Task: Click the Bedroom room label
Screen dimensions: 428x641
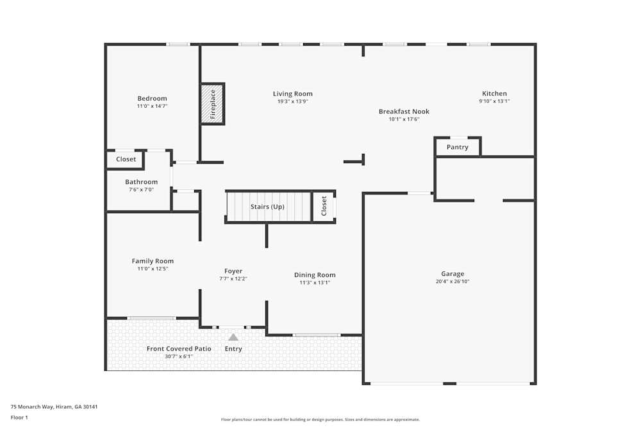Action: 152,98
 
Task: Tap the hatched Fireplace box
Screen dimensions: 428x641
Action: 213,103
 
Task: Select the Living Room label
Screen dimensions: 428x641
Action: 293,94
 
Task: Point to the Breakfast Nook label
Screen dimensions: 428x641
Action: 404,111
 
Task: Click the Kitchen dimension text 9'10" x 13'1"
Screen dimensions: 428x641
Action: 494,101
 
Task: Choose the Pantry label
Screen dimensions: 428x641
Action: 458,147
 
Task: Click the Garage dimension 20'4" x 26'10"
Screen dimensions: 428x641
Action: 453,281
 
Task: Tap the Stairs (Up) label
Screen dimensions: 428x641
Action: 267,207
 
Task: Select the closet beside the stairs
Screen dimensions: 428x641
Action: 324,206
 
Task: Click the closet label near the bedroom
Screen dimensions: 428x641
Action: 126,159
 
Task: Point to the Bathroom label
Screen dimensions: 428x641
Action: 141,182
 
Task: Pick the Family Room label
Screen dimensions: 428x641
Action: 153,261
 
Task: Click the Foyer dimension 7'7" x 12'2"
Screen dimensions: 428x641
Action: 233,278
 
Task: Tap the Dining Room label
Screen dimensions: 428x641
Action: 315,275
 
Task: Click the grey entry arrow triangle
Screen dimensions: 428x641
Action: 233,337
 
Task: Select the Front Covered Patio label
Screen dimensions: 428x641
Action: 170,348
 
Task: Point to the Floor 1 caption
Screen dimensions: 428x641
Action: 19,417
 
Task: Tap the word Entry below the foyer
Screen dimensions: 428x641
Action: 233,349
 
